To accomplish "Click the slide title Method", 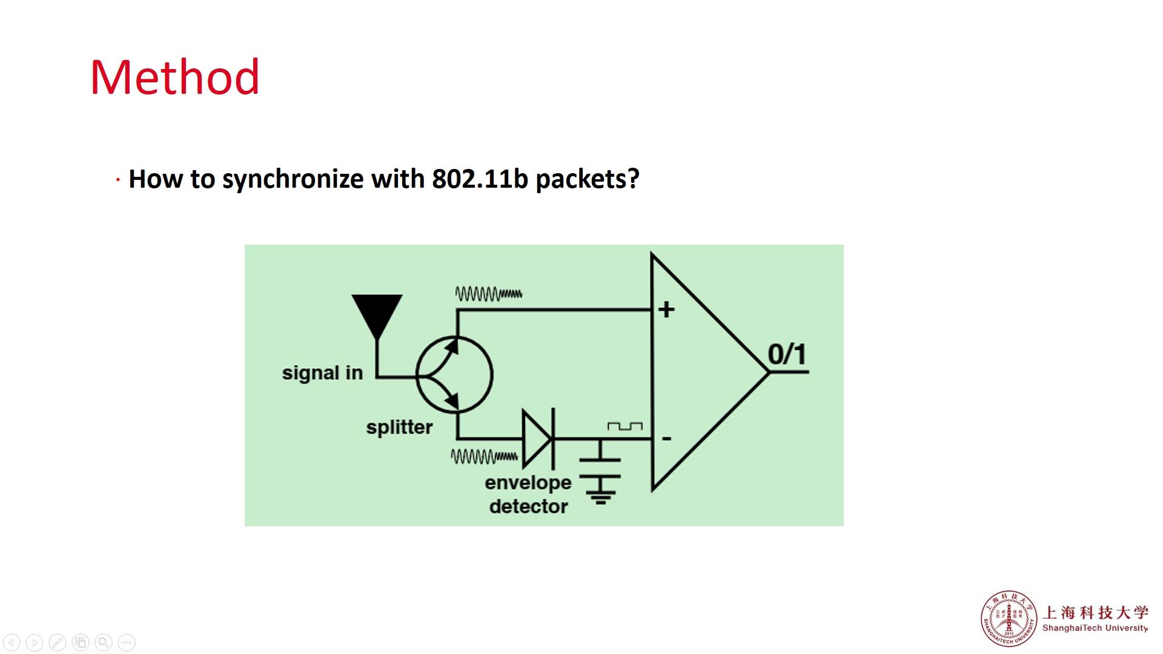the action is pyautogui.click(x=175, y=78).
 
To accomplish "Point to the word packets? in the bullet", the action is pyautogui.click(x=587, y=179).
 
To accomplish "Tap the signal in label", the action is pyautogui.click(x=322, y=373).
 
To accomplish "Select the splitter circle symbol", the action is pyautogui.click(x=454, y=375).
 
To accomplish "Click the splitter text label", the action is pyautogui.click(x=399, y=428).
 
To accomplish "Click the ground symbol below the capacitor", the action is pyautogui.click(x=600, y=490).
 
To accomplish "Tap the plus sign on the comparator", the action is pyautogui.click(x=666, y=309).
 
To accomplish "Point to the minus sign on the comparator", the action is pyautogui.click(x=666, y=438).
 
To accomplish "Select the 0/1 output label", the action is pyautogui.click(x=787, y=354).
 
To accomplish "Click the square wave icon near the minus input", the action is pyautogui.click(x=625, y=426).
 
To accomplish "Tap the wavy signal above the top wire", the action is pyautogui.click(x=488, y=294).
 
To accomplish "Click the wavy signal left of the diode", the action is pyautogui.click(x=484, y=456).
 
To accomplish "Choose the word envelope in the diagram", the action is pyautogui.click(x=528, y=483).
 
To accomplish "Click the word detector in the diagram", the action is pyautogui.click(x=528, y=506).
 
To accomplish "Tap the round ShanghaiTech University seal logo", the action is pyautogui.click(x=1009, y=618).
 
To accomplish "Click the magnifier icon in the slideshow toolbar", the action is pyautogui.click(x=104, y=642).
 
